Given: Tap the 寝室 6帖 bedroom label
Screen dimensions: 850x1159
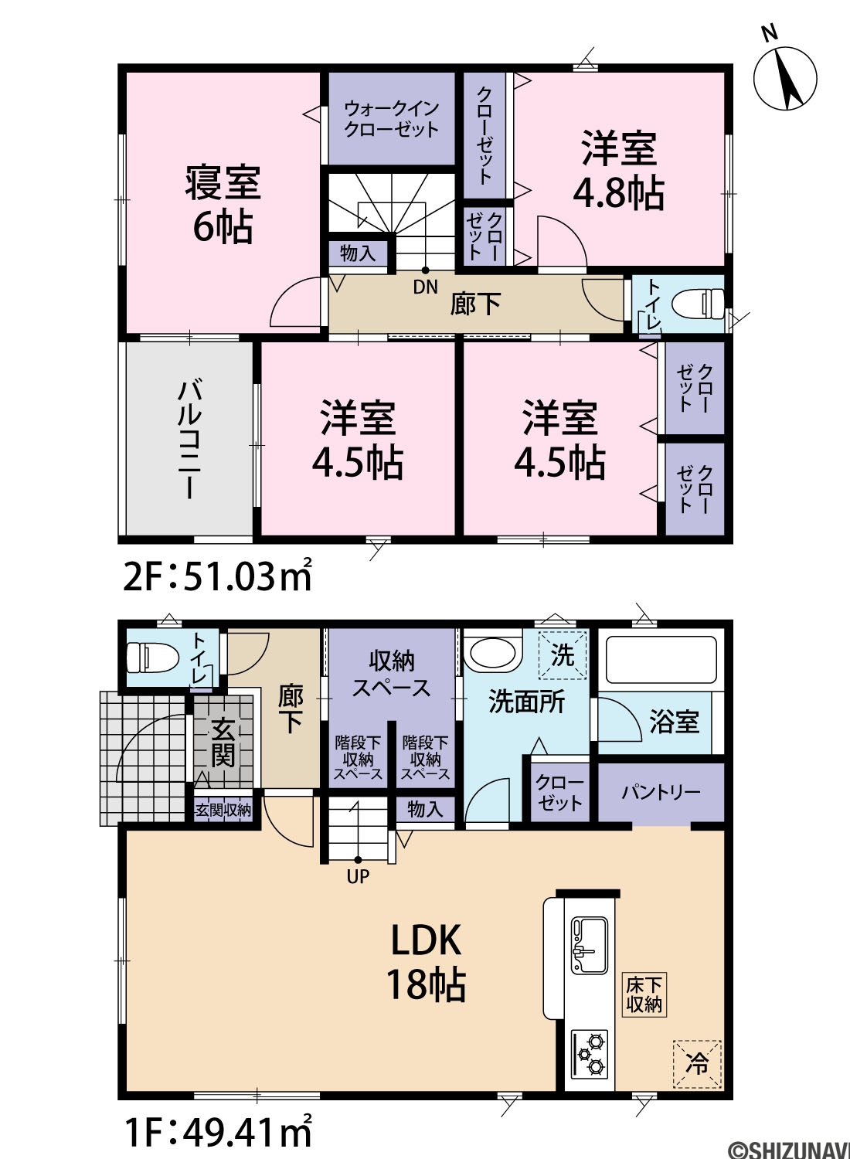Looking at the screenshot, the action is coord(223,205).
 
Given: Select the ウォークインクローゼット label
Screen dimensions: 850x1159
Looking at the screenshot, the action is coord(392,119).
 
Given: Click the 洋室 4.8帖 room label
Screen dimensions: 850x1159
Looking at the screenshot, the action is coord(619,170).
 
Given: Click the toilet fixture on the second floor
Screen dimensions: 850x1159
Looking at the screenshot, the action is coord(698,304).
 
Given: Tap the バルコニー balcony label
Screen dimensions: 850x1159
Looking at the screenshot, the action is coord(189,439).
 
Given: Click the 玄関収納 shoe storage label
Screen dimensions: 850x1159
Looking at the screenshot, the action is coord(223,810).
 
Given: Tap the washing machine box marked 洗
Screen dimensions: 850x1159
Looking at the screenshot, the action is coord(563,654).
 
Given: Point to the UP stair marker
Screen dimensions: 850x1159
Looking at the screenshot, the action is coord(358,876).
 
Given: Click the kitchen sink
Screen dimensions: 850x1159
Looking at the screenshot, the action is coord(590,945).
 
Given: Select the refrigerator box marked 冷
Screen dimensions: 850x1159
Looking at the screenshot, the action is coord(697,1064).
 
